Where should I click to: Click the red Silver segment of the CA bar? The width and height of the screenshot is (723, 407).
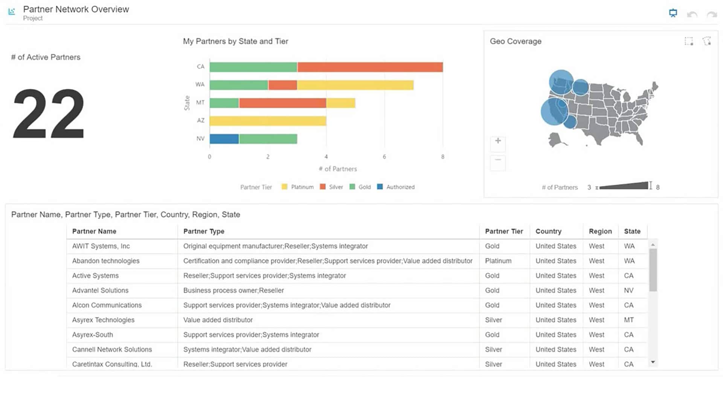pyautogui.click(x=370, y=67)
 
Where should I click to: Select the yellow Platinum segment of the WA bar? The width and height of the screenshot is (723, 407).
pyautogui.click(x=355, y=85)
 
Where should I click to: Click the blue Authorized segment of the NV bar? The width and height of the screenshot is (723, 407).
pyautogui.click(x=224, y=139)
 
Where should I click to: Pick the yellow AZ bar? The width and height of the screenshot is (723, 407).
pyautogui.click(x=268, y=121)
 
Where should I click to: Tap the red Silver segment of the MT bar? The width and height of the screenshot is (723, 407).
pyautogui.click(x=282, y=103)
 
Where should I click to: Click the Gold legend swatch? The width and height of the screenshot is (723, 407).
pyautogui.click(x=352, y=187)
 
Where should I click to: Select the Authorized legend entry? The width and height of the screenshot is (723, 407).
pyautogui.click(x=400, y=187)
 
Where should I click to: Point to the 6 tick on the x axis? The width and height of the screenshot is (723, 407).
pyautogui.click(x=384, y=157)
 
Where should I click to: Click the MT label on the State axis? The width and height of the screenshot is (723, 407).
pyautogui.click(x=200, y=103)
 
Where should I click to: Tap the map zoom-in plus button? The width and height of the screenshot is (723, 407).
pyautogui.click(x=498, y=141)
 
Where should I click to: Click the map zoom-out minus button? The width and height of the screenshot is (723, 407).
pyautogui.click(x=498, y=160)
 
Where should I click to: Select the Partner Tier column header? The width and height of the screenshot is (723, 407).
pyautogui.click(x=504, y=231)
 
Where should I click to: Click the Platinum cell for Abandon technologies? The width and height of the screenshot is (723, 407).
pyautogui.click(x=498, y=261)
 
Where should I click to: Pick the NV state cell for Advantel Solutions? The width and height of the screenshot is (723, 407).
pyautogui.click(x=628, y=291)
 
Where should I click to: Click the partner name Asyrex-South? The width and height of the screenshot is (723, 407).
pyautogui.click(x=93, y=335)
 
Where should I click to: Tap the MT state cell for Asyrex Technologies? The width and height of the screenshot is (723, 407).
pyautogui.click(x=628, y=320)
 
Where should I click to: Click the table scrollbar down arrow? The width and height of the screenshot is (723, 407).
pyautogui.click(x=653, y=362)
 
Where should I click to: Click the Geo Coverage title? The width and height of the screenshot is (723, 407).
pyautogui.click(x=516, y=41)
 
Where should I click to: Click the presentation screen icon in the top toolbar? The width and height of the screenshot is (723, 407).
pyautogui.click(x=673, y=14)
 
